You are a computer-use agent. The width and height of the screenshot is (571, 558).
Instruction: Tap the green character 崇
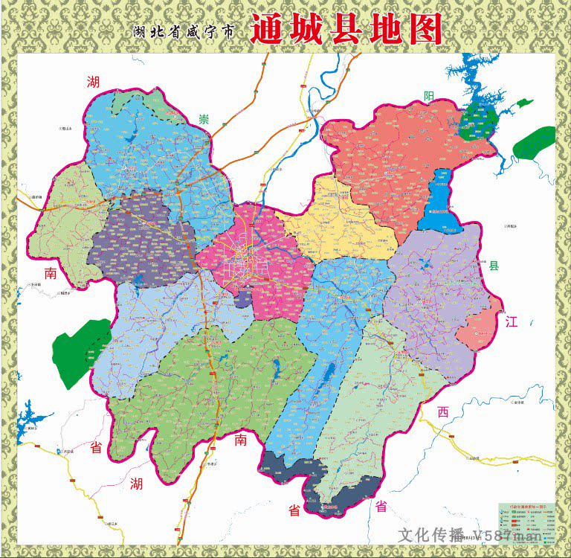click(x=202, y=119)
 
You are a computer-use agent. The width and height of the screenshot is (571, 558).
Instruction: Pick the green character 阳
click(x=429, y=95)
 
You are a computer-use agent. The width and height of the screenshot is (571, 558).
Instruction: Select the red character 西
click(x=443, y=413)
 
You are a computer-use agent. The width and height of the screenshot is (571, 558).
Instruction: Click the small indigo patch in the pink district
click(x=243, y=300)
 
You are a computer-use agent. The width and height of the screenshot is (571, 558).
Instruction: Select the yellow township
click(x=342, y=219)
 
